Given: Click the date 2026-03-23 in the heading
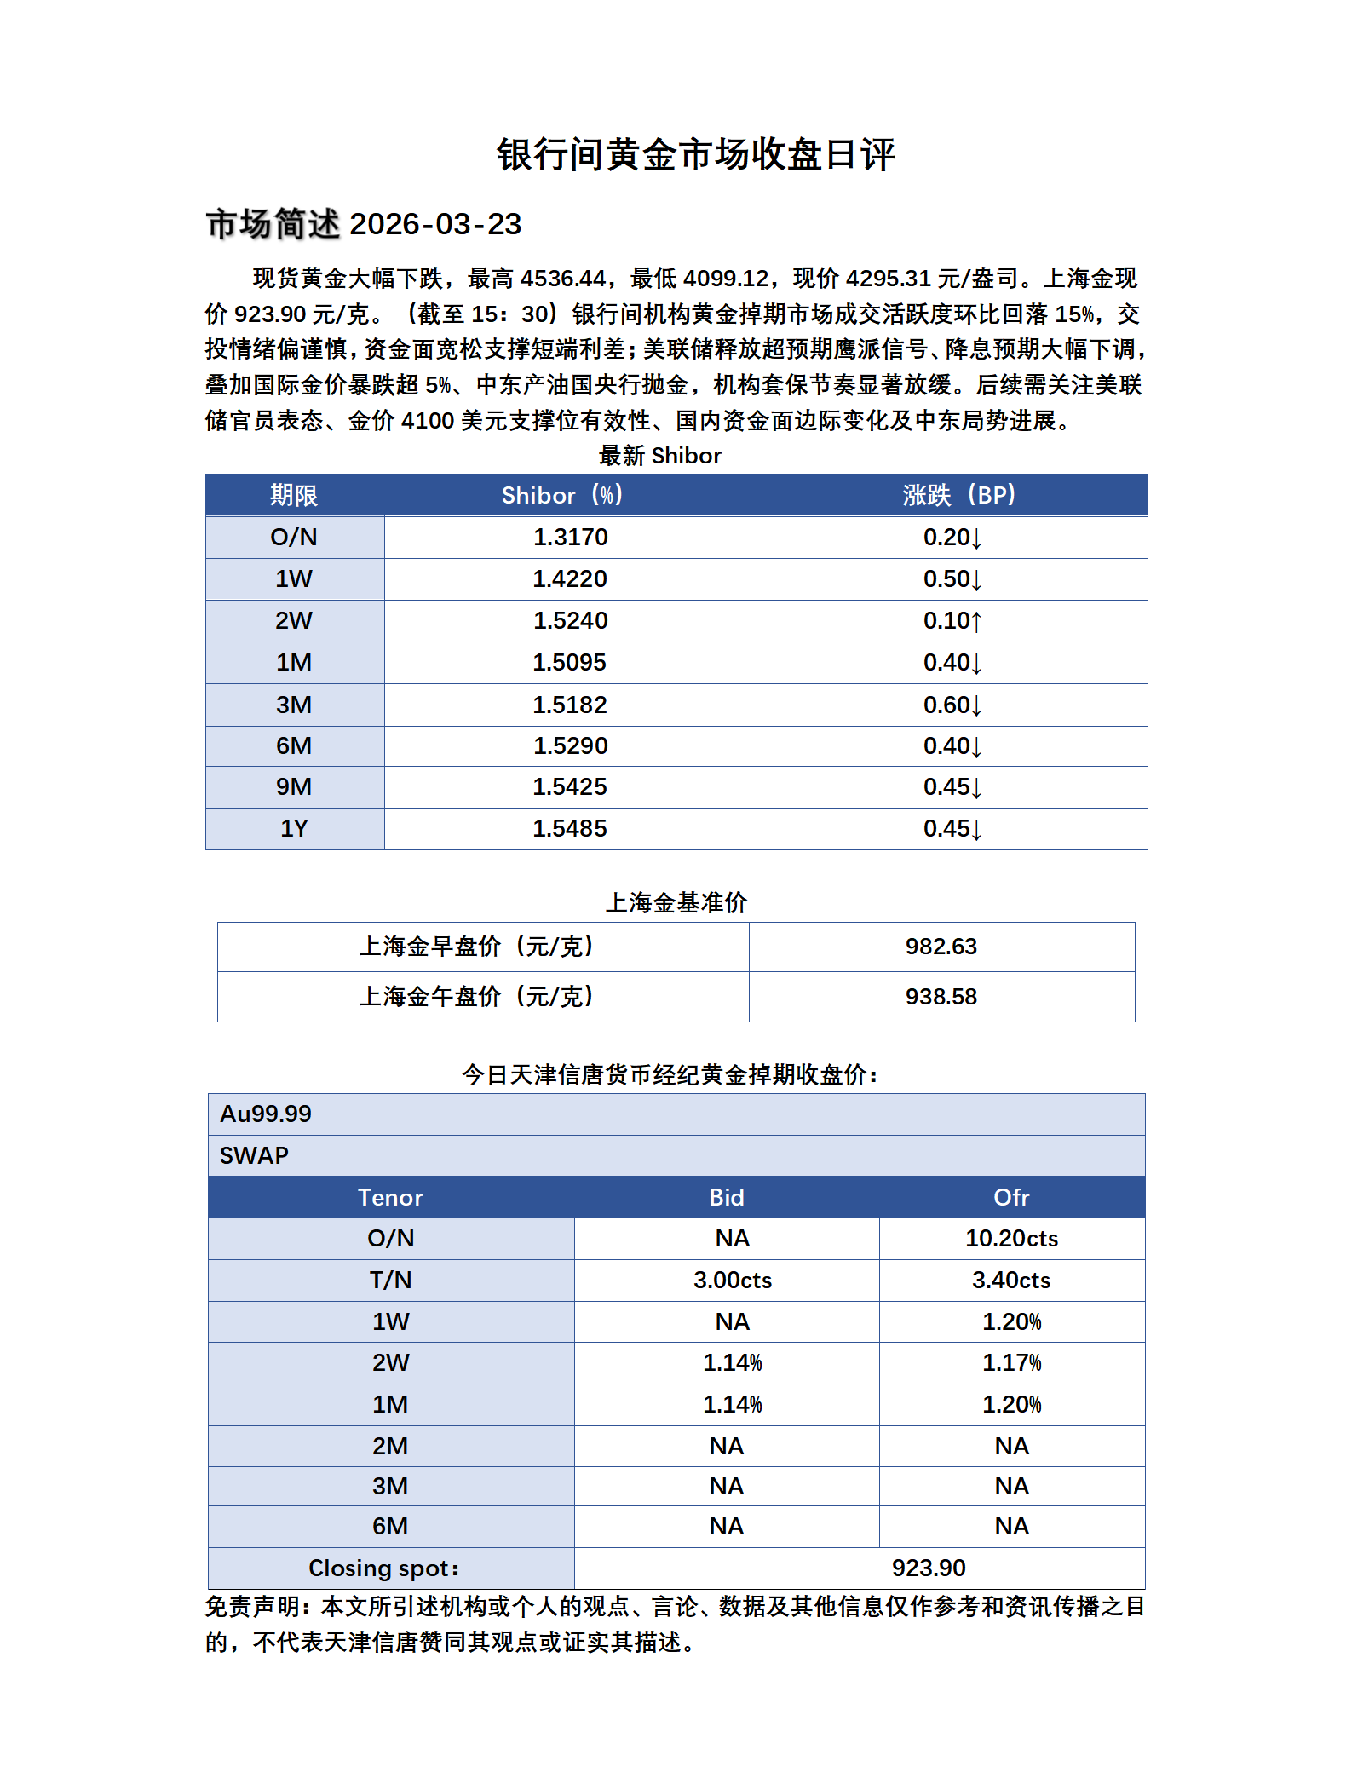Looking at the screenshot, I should pyautogui.click(x=435, y=224).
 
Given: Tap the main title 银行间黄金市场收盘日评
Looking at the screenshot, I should pyautogui.click(x=695, y=155).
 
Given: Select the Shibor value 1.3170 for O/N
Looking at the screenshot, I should pyautogui.click(x=570, y=538).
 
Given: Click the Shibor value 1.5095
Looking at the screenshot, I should pyautogui.click(x=570, y=663).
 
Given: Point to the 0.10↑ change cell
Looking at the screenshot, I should pyautogui.click(x=952, y=621).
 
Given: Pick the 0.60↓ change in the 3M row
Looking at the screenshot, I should pyautogui.click(x=952, y=705).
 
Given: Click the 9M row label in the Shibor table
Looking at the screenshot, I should pyautogui.click(x=294, y=787).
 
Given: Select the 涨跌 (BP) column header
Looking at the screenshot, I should pyautogui.click(x=958, y=495).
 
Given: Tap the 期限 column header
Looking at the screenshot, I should pyautogui.click(x=294, y=495).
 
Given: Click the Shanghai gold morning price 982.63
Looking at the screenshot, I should pyautogui.click(x=941, y=947).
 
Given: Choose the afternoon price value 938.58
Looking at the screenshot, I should pyautogui.click(x=941, y=997).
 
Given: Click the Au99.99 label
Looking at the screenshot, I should pyautogui.click(x=266, y=1114).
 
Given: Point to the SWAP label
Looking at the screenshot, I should pyautogui.click(x=254, y=1156).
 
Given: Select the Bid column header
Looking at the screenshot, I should pyautogui.click(x=727, y=1198).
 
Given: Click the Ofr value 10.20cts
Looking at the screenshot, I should pyautogui.click(x=1011, y=1239).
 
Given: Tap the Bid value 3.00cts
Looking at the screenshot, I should pyautogui.click(x=732, y=1281).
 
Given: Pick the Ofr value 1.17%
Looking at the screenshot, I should pyautogui.click(x=1011, y=1363).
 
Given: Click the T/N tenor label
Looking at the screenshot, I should pyautogui.click(x=390, y=1281).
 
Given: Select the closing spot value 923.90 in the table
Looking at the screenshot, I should pyautogui.click(x=928, y=1568).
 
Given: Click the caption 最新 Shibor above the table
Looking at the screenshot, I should pyautogui.click(x=659, y=456).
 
